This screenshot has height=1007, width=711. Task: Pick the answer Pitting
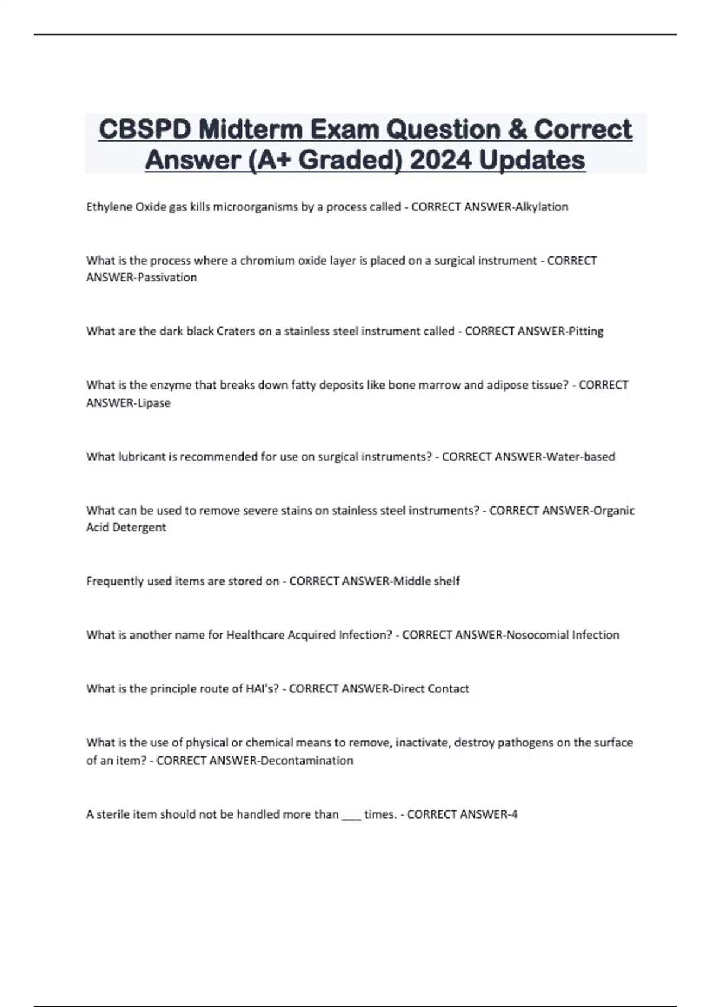(585, 331)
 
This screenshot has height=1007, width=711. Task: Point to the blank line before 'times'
(351, 815)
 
